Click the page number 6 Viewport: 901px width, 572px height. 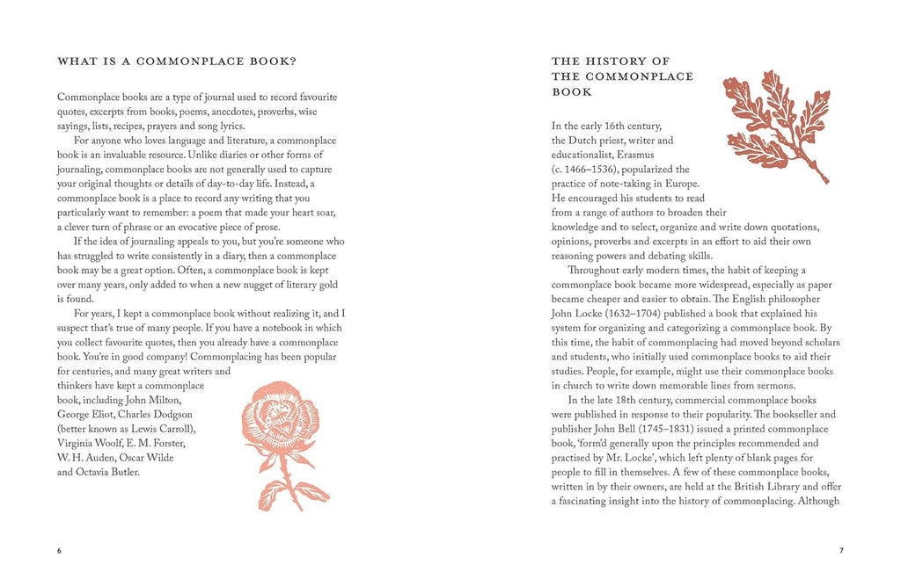(60, 551)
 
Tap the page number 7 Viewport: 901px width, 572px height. (841, 551)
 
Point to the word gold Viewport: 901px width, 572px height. (326, 285)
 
